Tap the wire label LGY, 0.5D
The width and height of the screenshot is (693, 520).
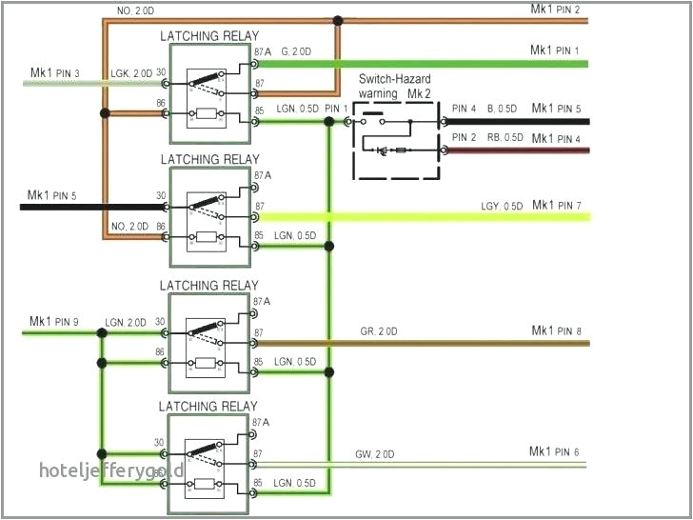click(502, 207)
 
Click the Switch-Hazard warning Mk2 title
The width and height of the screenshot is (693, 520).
click(395, 88)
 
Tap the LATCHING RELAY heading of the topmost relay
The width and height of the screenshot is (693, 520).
click(208, 36)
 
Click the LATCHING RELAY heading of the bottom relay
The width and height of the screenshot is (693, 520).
click(208, 407)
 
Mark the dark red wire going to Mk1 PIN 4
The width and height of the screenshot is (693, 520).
click(514, 150)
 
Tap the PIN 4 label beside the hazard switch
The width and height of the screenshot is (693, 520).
click(465, 109)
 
